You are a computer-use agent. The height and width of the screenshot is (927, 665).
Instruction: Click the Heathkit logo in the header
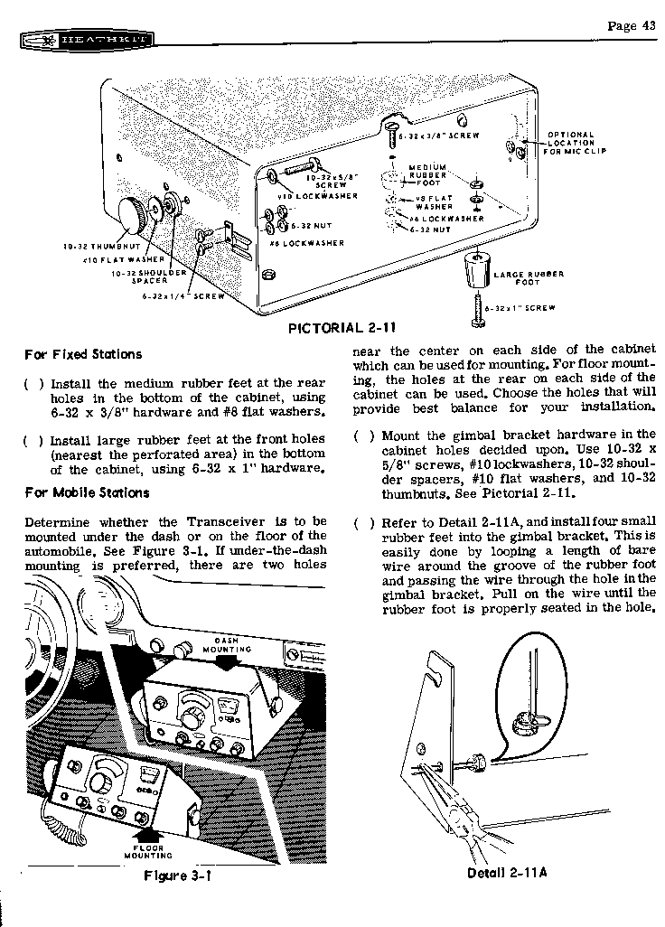coord(87,41)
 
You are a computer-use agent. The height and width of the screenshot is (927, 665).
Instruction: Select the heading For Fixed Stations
coord(83,354)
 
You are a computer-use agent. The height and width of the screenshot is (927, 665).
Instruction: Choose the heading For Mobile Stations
coord(87,492)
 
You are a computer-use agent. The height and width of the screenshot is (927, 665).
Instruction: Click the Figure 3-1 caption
coord(177,875)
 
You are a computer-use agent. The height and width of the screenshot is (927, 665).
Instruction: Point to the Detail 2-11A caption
coord(507,873)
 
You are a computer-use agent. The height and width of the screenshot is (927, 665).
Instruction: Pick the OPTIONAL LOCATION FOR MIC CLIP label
coord(570,143)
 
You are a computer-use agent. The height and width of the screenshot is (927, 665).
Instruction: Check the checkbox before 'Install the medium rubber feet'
coord(33,384)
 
